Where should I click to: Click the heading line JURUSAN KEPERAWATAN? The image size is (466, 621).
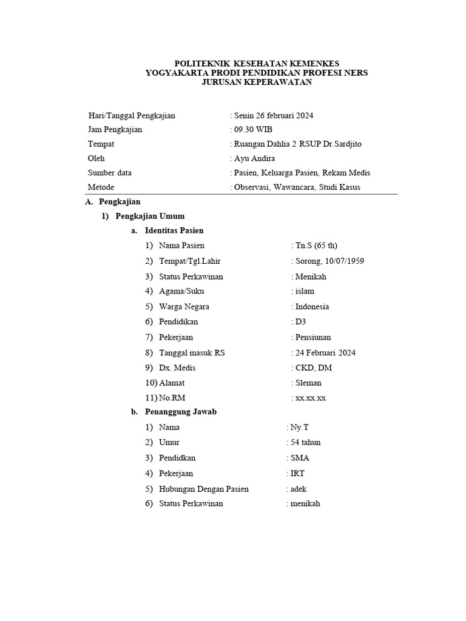257,82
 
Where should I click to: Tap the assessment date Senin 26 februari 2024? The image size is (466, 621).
274,115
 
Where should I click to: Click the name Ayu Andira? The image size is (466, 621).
255,158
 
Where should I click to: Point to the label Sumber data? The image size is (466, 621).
110,173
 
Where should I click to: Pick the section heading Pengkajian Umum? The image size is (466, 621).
150,216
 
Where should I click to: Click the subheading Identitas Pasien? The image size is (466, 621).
174,230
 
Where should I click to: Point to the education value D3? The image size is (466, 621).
302,322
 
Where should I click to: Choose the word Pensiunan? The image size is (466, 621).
313,337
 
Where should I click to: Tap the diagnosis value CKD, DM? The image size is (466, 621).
314,368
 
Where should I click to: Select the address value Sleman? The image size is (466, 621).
308,383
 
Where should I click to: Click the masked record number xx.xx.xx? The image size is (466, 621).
311,398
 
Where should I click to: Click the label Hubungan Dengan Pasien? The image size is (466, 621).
203,489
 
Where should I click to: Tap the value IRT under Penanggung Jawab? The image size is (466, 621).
298,473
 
